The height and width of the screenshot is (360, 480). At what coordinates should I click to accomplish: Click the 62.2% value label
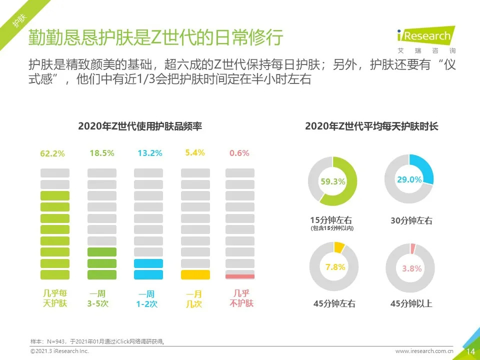[52, 153]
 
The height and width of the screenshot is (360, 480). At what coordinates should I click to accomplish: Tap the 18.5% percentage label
[101, 153]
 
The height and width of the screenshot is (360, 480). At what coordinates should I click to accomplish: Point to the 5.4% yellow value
[195, 152]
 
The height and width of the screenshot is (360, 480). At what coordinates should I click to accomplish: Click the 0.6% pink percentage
[239, 153]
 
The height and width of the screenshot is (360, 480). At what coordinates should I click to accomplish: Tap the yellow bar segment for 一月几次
[195, 274]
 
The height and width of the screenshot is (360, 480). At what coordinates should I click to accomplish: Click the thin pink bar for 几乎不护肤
[240, 276]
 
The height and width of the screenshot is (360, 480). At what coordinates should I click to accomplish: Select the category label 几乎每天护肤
[54, 298]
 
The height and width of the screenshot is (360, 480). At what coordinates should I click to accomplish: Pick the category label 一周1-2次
[148, 299]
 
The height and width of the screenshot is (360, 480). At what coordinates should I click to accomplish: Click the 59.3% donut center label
[333, 182]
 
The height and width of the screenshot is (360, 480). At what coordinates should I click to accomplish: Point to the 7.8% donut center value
[335, 267]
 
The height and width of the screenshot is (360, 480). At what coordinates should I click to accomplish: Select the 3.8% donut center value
[412, 268]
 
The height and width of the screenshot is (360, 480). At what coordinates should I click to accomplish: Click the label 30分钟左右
[411, 220]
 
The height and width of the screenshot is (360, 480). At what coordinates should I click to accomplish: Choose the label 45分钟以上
[411, 303]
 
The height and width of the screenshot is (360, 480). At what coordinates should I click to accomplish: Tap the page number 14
[470, 351]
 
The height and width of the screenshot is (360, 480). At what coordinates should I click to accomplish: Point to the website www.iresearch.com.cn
[424, 351]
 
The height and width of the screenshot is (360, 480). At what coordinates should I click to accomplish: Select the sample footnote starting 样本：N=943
[98, 341]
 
